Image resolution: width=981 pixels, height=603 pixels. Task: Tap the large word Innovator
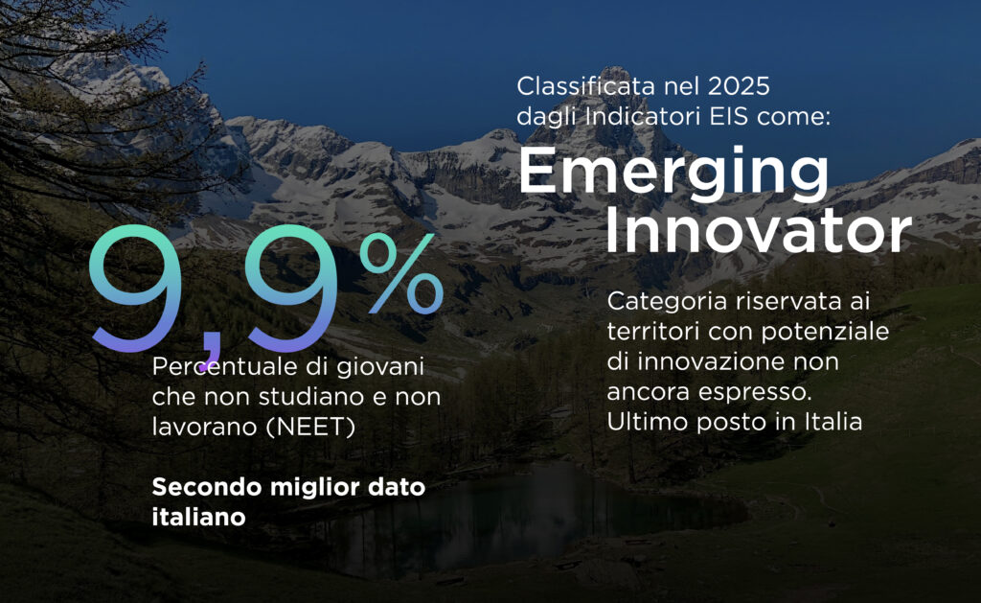click(x=758, y=229)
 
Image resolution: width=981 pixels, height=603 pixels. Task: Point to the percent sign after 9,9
click(x=401, y=273)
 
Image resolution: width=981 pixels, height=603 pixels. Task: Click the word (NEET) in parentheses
click(x=310, y=427)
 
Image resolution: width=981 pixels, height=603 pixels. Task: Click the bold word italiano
click(x=198, y=518)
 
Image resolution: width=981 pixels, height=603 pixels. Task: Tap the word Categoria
click(x=667, y=302)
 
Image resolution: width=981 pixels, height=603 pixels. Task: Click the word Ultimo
click(x=647, y=422)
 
